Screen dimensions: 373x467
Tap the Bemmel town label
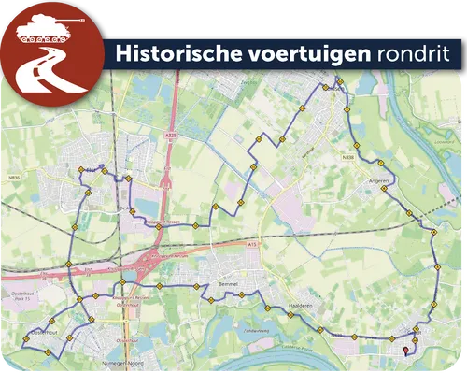228,281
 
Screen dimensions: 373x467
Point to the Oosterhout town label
43,332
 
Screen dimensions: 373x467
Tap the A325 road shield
169,136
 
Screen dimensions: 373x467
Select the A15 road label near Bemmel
251,245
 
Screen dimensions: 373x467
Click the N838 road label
347,158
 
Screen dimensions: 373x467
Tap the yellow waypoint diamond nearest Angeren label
384,190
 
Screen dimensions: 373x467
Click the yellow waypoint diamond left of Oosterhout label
24,337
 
